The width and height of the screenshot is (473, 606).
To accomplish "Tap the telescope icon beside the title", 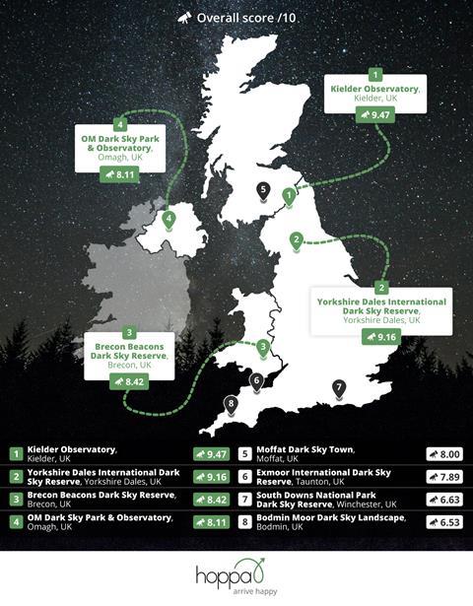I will (183, 18).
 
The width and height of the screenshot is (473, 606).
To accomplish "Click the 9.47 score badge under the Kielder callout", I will (375, 115).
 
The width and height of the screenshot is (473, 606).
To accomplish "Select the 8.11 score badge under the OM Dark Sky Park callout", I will (119, 174).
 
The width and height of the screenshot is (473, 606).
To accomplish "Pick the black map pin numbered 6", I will (256, 380).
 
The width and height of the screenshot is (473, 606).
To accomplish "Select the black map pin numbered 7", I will (339, 388).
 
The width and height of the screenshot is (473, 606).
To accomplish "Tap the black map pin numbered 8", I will (232, 403).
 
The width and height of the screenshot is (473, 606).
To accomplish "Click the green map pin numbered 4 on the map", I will (169, 220).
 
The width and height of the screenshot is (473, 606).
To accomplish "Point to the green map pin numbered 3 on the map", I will (263, 348).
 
